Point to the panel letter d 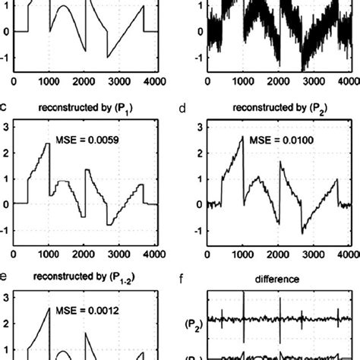pos(187,106)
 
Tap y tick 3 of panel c pos(5,127)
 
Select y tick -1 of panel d pos(188,231)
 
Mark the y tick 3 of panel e pos(5,298)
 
